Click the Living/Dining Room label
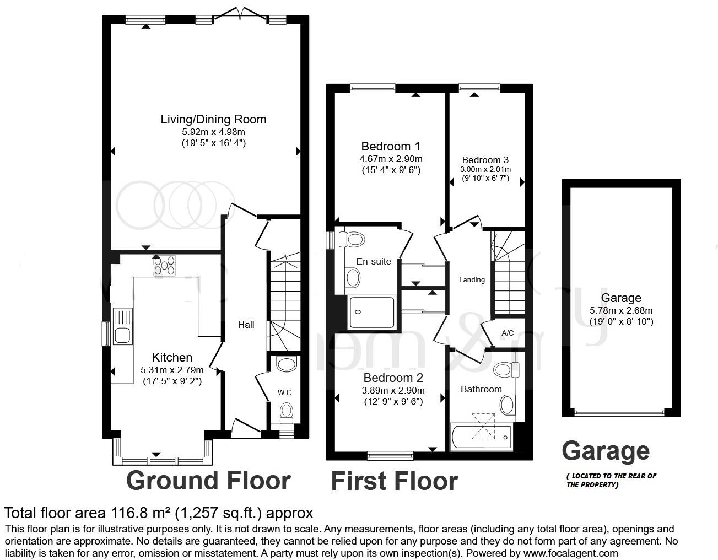213,119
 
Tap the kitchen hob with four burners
164,265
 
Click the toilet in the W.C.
286,411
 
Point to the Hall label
246,325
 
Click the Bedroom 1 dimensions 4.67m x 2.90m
391,159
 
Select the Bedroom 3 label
485,160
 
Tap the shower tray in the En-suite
372,312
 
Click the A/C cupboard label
508,333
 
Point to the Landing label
472,280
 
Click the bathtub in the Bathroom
481,437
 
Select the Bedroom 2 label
393,378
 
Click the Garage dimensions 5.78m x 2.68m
621,310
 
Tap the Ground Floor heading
208,480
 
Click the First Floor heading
394,481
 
